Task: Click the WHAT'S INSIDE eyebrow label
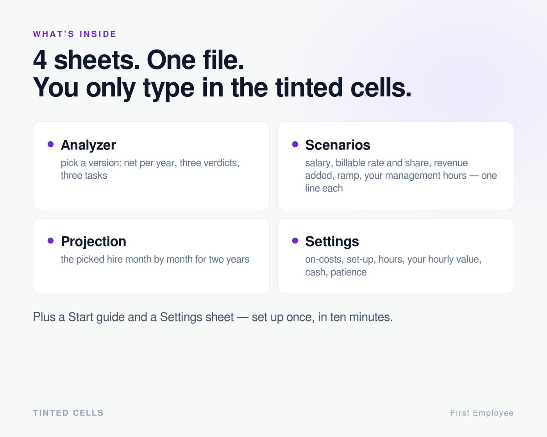click(75, 34)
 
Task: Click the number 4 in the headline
click(40, 60)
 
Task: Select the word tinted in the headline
click(309, 87)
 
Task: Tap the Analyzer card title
click(88, 145)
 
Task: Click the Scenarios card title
click(338, 145)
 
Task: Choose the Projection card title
click(93, 241)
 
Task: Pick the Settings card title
click(332, 241)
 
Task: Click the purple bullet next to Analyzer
click(50, 144)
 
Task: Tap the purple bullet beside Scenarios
click(295, 144)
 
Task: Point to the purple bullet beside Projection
click(50, 240)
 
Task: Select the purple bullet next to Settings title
click(295, 240)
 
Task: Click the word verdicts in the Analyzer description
click(222, 163)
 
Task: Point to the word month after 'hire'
click(138, 259)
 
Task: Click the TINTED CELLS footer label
click(68, 413)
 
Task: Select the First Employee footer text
click(482, 413)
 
